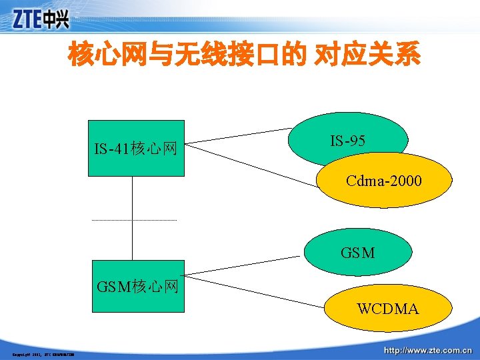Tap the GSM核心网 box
[138, 287]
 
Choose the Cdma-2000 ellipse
[384, 181]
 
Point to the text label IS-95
[347, 141]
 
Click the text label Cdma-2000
[384, 181]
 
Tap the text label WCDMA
[387, 309]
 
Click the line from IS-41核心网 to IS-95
[237, 135]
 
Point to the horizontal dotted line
[133, 220]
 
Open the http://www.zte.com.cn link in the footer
[427, 349]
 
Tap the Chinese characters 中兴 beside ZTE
[57, 20]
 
